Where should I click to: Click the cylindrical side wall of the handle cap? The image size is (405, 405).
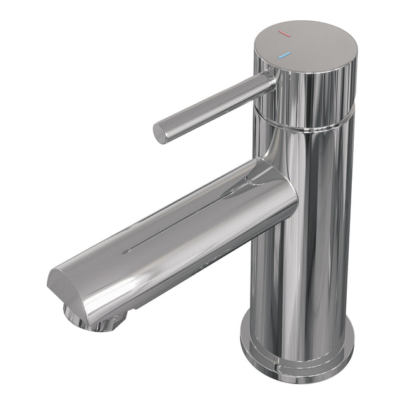click(x=316, y=95)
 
